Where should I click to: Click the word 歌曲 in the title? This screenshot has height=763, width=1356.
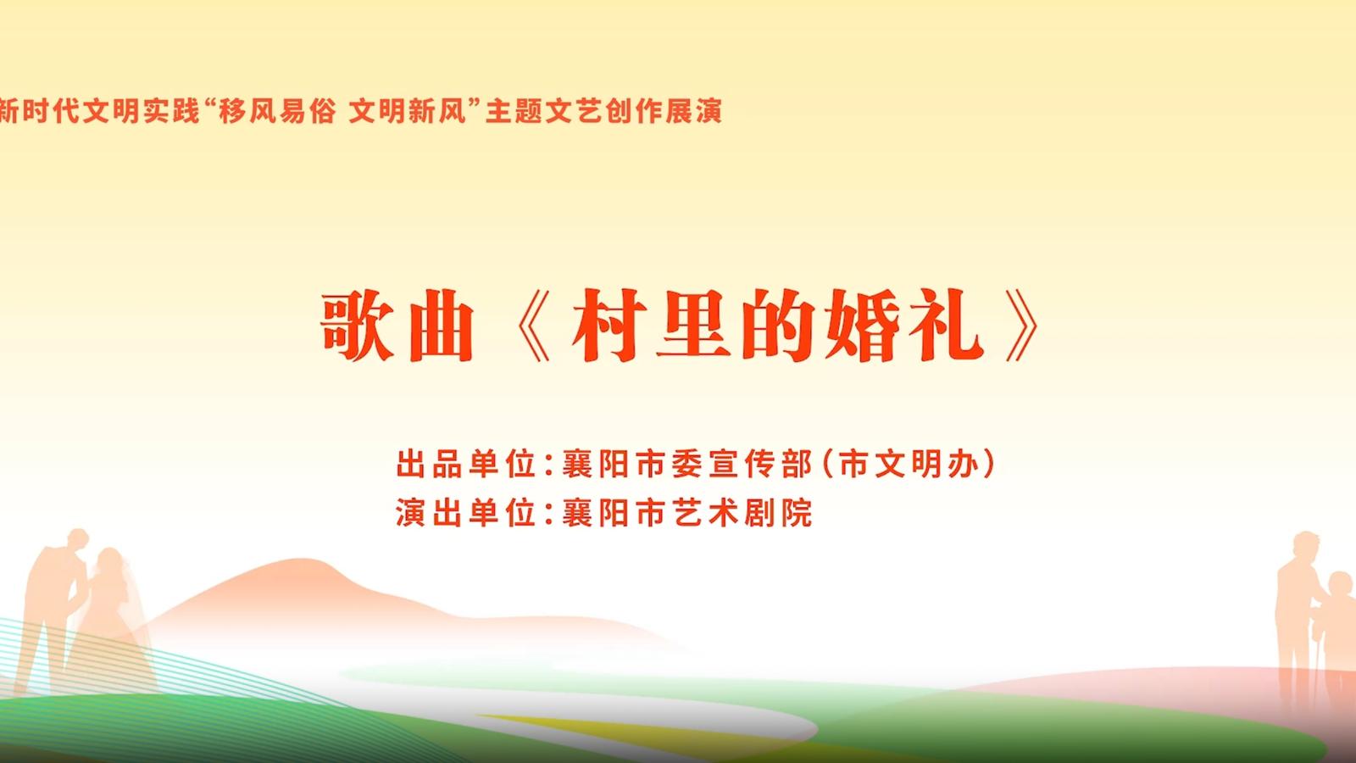coord(397,326)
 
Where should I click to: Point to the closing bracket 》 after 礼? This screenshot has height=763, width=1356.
coord(1022,326)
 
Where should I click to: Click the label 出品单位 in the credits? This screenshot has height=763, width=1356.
coord(465,464)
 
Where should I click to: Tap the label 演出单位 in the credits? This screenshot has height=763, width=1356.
coord(465,512)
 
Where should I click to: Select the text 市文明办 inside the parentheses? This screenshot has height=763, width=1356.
coord(909,464)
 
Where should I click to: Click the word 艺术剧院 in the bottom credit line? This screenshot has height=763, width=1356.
coord(742,512)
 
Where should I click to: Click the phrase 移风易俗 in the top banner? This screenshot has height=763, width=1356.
coord(276,111)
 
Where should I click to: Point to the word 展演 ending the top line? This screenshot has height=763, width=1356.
coord(694,111)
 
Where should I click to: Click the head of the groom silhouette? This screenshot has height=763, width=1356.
coord(77,539)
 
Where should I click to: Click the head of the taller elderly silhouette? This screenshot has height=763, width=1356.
coord(1306,544)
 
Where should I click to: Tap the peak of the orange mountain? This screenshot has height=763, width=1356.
coord(302,559)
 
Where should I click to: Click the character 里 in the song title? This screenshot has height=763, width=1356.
coord(694,326)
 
